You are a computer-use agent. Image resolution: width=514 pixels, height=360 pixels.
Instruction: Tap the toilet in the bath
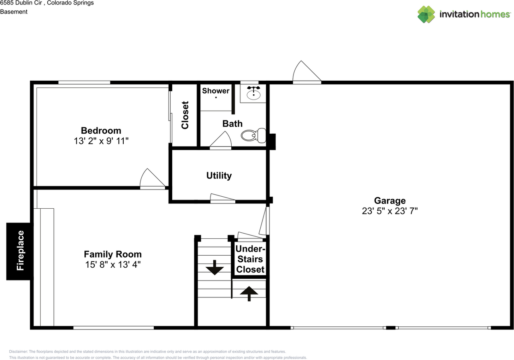[253, 136]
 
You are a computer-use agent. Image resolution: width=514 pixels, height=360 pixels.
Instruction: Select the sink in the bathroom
[253, 93]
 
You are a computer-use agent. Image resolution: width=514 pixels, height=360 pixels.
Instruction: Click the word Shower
[216, 91]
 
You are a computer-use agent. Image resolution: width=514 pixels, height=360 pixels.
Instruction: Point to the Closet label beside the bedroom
[185, 115]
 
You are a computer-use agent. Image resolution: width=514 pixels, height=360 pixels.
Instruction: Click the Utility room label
[219, 176]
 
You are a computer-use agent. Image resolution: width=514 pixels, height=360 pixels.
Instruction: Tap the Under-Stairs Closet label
[250, 259]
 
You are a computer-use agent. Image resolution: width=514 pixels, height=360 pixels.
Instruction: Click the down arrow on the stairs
[214, 267]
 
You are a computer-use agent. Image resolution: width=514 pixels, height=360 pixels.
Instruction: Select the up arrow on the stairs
[249, 293]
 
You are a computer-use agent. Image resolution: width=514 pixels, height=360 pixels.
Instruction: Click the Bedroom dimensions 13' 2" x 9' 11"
[101, 141]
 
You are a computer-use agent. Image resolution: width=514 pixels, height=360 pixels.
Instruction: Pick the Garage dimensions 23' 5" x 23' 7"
[390, 211]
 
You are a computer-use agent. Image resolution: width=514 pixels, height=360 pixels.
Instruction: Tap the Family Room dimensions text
[113, 264]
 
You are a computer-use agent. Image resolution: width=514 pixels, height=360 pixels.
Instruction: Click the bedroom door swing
[153, 179]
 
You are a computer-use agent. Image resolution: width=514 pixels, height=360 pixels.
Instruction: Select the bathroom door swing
[220, 140]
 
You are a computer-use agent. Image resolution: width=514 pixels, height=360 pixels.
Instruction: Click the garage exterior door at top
[307, 72]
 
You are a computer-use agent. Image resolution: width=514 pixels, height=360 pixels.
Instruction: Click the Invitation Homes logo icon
[426, 14]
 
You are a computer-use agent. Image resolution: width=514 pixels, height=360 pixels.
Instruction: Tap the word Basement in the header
[14, 12]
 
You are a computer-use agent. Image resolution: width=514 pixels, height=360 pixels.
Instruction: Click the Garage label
[390, 201]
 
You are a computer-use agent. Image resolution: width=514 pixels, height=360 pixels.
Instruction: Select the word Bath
[232, 124]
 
